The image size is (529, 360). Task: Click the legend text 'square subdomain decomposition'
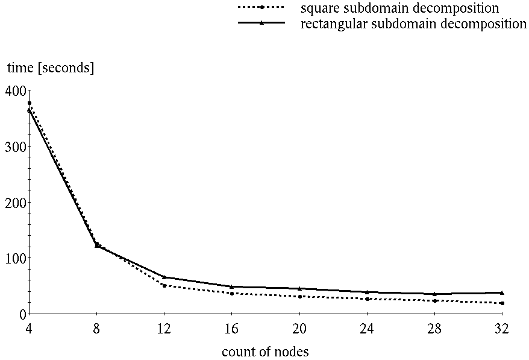[x=399, y=8]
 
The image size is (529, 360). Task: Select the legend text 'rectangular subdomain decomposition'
[x=413, y=24]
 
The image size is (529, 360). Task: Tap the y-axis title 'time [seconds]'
[x=51, y=68]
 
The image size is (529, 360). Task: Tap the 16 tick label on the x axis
[x=232, y=329]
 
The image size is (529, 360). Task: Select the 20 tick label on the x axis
[x=299, y=329]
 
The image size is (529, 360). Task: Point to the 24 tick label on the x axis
[x=367, y=329]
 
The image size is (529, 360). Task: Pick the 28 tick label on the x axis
[x=434, y=329]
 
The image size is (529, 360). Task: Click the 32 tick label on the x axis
[x=502, y=329]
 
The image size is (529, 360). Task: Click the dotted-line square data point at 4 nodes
[x=30, y=103]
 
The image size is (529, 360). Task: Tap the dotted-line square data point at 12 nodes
[x=164, y=285]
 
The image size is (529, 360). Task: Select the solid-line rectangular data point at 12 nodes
[x=164, y=277]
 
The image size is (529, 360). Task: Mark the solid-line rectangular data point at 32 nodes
[x=502, y=292]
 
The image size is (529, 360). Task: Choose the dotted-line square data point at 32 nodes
[x=502, y=303]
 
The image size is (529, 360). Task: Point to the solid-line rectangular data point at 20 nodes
[x=299, y=288]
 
